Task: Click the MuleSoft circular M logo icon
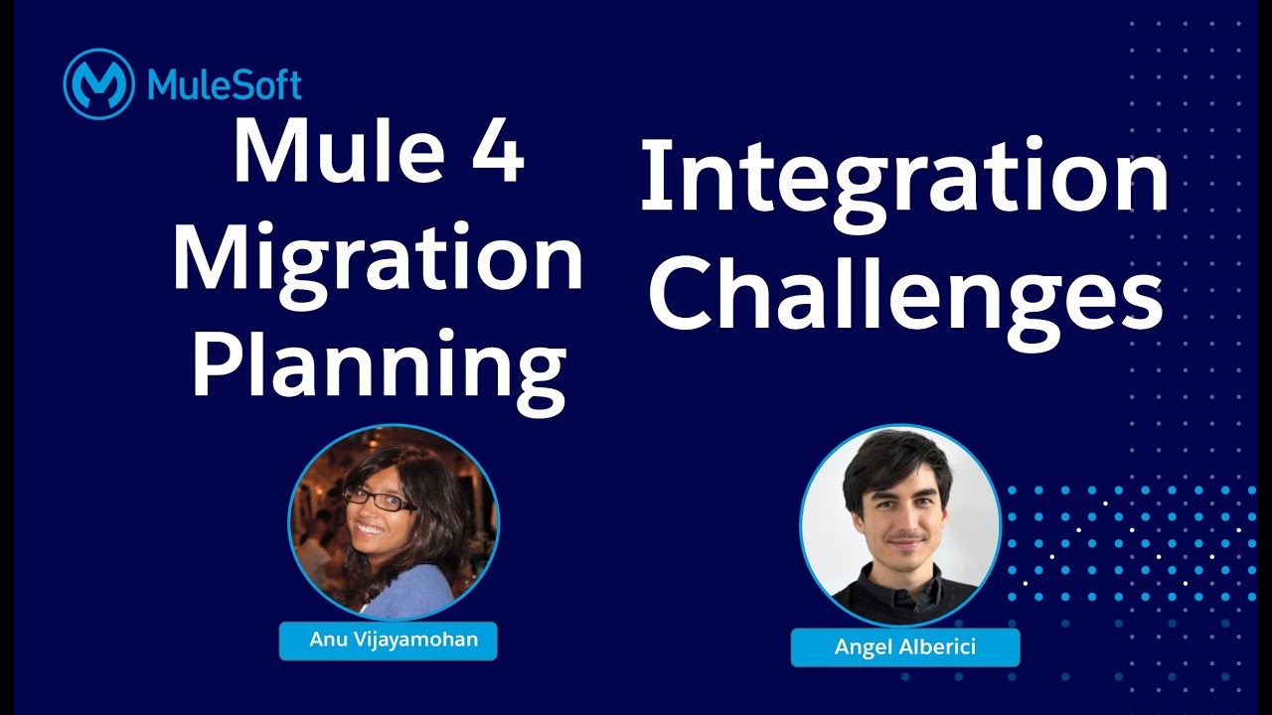[x=98, y=85]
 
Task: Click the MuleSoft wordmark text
[x=225, y=85]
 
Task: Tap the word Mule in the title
[x=323, y=151]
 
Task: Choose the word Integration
[x=903, y=179]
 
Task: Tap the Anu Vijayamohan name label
[x=388, y=641]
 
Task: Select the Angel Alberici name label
[x=905, y=647]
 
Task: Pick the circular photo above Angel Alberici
[x=900, y=524]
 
